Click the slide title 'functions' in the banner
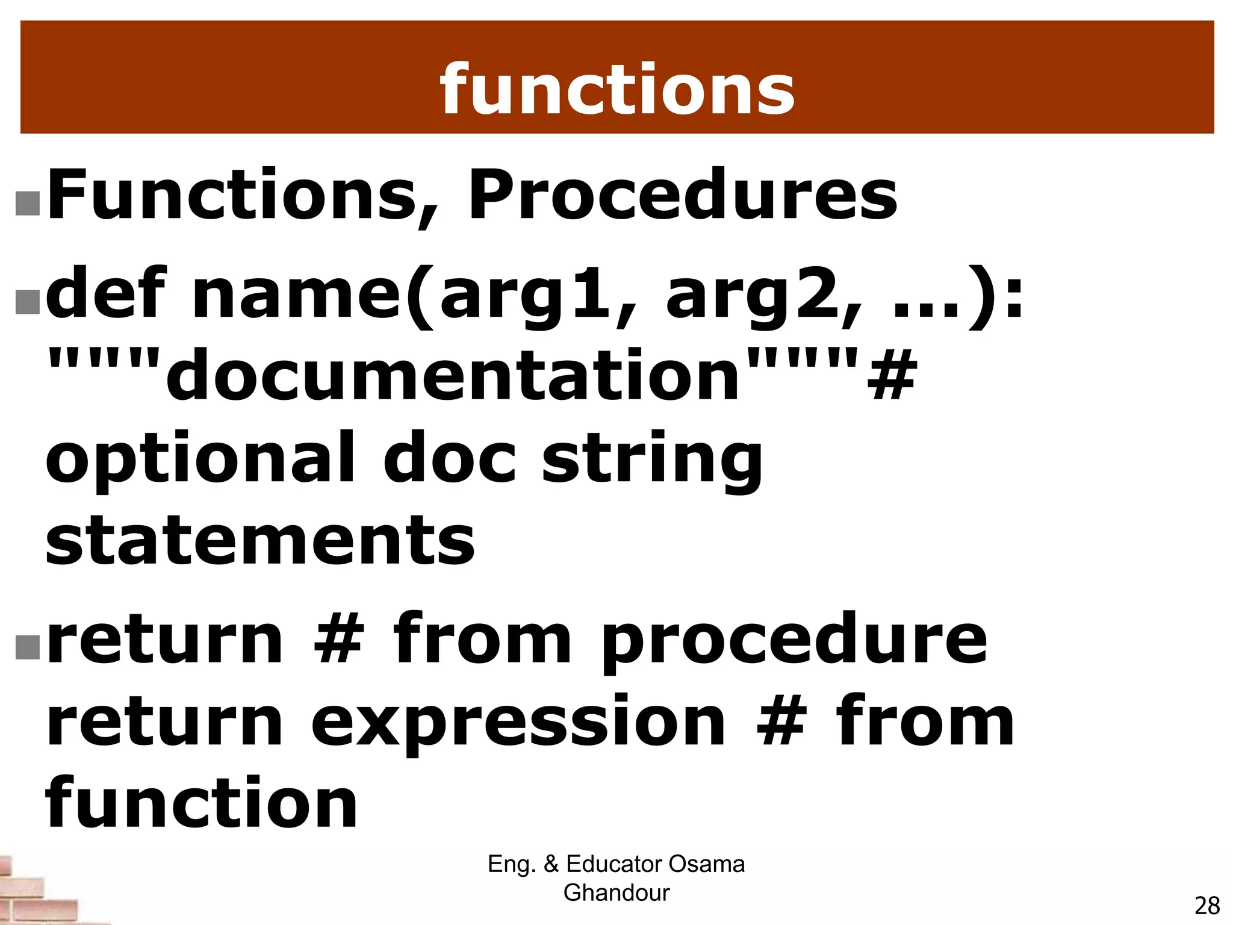coord(617,90)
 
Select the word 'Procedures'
coord(682,196)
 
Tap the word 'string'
coord(653,461)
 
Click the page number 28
coord(1207,906)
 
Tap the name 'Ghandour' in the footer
coord(616,892)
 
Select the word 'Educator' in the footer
coord(614,864)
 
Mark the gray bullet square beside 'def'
coord(28,302)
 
